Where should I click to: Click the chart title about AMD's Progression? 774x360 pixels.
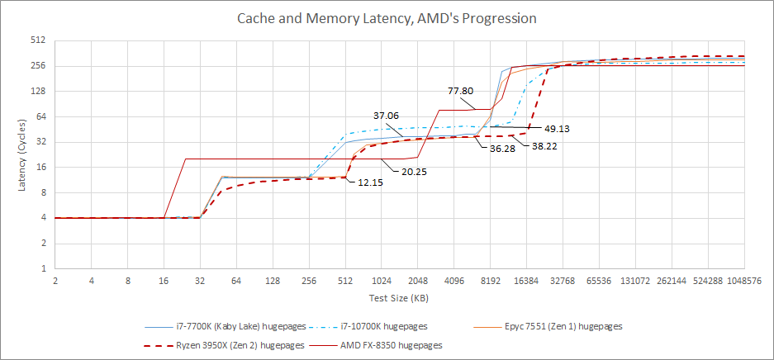coord(387,17)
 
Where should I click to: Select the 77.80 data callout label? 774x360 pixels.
coord(461,91)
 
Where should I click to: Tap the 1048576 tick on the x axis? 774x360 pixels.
coord(745,281)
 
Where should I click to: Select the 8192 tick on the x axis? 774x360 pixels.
coord(491,281)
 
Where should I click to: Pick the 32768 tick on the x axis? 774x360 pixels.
coord(563,281)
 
